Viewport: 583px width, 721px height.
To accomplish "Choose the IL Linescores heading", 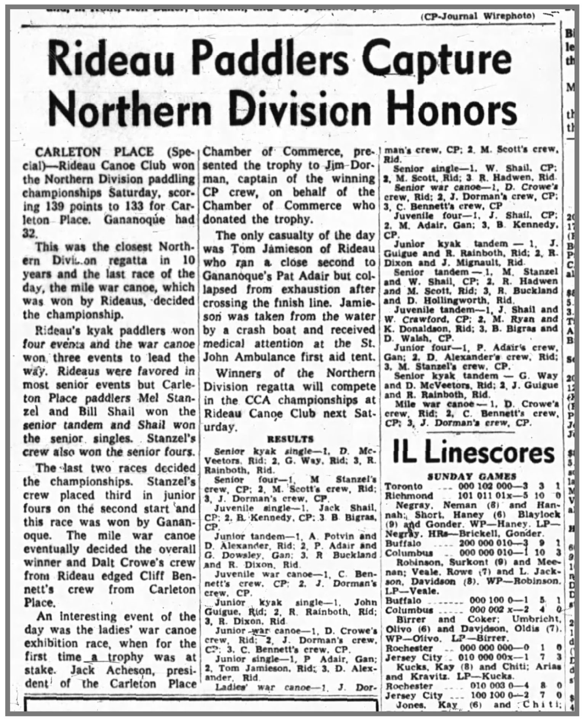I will click(x=472, y=453).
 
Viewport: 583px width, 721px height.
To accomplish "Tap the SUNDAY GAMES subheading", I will click(x=472, y=476).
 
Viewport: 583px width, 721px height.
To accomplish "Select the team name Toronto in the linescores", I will click(x=404, y=486).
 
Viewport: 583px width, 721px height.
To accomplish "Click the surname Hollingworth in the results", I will click(x=444, y=299).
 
